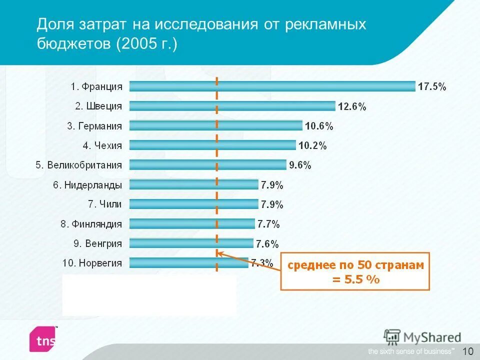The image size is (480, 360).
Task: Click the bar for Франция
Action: tap(272, 86)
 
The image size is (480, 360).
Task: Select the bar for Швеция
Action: tap(232, 106)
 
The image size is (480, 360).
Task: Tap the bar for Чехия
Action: tap(212, 145)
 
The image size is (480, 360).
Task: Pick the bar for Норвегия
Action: tap(188, 262)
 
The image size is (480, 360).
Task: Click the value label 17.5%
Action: tap(432, 86)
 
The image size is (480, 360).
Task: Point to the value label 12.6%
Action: tap(352, 106)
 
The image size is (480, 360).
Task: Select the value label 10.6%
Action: tap(319, 126)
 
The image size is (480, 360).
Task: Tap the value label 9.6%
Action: tap(300, 165)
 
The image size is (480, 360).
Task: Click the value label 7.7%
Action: tap(268, 223)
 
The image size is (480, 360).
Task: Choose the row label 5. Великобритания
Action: tap(78, 165)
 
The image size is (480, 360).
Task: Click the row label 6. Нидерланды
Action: tap(87, 184)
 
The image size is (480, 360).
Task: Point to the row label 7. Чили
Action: tap(105, 204)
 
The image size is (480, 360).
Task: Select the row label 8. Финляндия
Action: tap(91, 223)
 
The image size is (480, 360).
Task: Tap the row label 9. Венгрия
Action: tap(98, 243)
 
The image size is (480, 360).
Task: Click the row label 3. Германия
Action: tap(94, 126)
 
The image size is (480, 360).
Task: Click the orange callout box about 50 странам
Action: tap(355, 271)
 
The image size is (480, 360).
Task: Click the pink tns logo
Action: tap(43, 339)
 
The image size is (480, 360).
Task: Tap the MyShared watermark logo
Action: tap(422, 336)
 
